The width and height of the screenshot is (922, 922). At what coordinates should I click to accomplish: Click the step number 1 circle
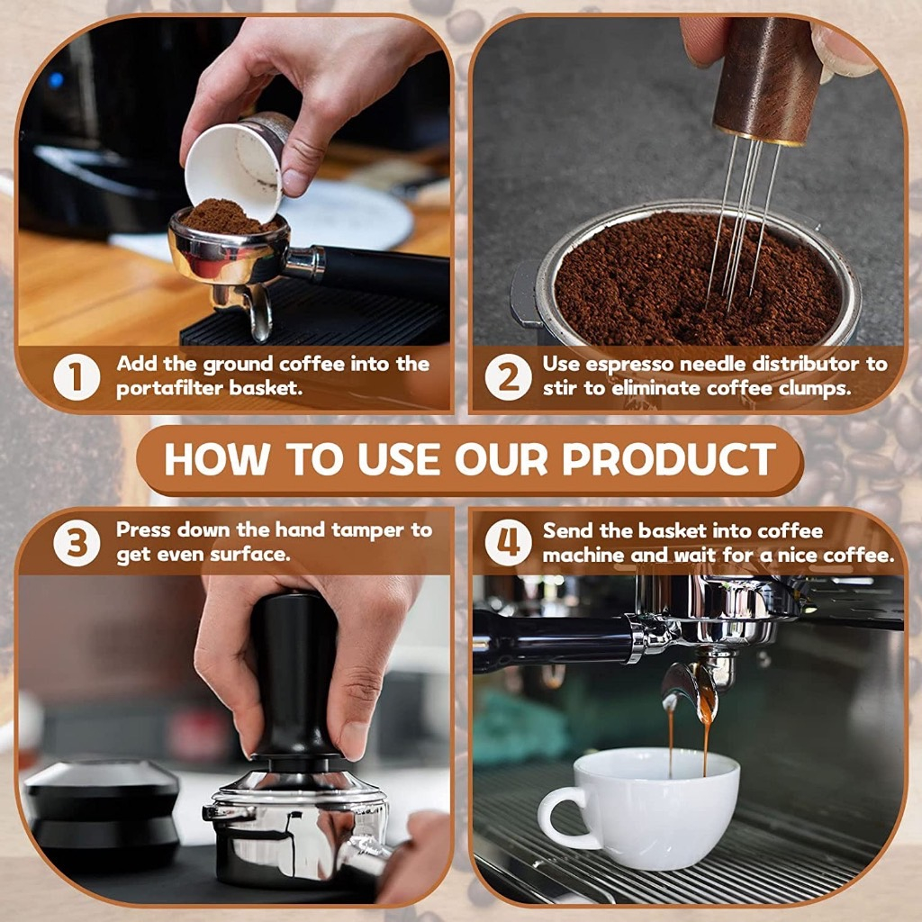(x=77, y=377)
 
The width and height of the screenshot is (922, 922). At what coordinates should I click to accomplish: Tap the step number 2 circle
(x=509, y=377)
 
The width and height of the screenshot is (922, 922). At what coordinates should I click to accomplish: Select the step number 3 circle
(x=77, y=543)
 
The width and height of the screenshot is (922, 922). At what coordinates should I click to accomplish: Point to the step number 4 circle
(x=509, y=543)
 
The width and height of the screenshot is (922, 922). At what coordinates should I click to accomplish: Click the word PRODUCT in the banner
(x=669, y=458)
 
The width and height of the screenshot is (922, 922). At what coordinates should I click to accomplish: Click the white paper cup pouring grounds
(x=235, y=167)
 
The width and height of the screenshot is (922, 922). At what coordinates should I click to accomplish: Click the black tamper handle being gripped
(x=294, y=676)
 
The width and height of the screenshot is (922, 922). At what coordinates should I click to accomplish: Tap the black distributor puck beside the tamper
(x=101, y=811)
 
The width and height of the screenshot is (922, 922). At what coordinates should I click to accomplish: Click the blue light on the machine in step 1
(x=56, y=79)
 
